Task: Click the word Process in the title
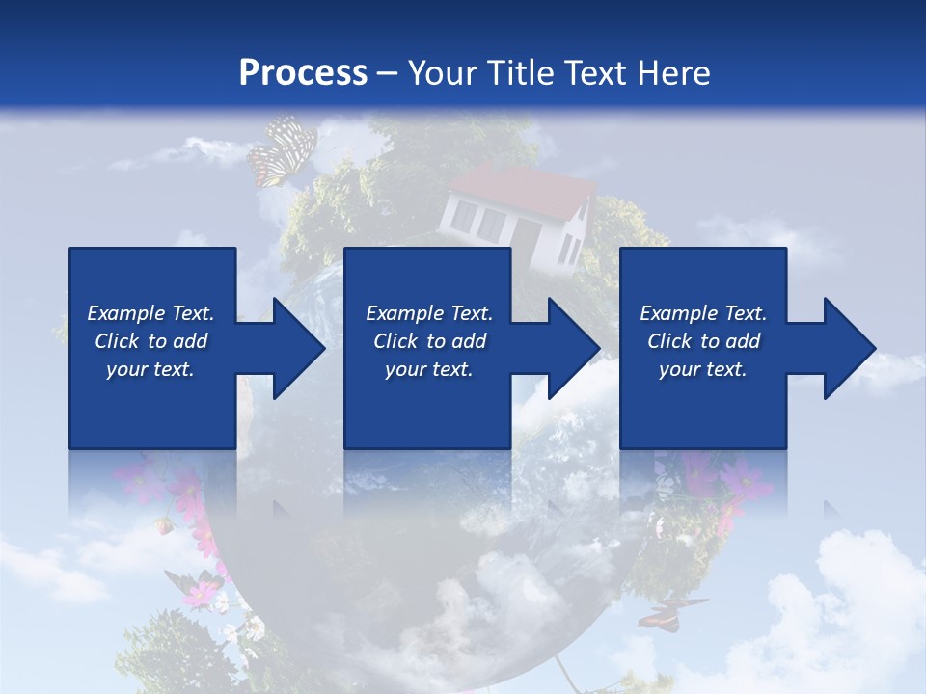303,73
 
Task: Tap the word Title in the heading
517,73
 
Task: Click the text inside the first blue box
151,341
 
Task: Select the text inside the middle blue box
428,341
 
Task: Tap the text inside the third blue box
703,341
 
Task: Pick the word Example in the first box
126,313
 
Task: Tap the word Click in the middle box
395,341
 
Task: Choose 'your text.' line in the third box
703,369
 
